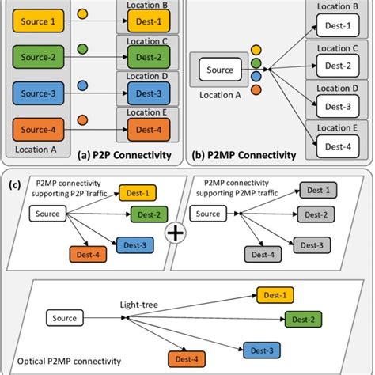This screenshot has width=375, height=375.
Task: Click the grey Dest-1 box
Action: (x=314, y=190)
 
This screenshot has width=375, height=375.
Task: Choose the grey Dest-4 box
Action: (x=261, y=255)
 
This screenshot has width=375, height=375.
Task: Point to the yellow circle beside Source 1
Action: (x=84, y=15)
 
